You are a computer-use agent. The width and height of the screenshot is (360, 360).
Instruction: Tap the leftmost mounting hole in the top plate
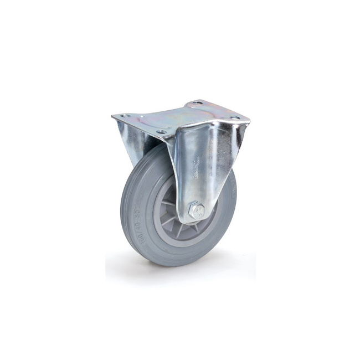tap(125, 116)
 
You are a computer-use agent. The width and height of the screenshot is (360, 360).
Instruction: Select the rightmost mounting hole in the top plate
tap(234, 118)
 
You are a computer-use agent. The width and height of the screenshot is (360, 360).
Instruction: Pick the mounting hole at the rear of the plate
tap(195, 103)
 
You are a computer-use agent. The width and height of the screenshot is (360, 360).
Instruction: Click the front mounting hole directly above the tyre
tap(161, 132)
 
